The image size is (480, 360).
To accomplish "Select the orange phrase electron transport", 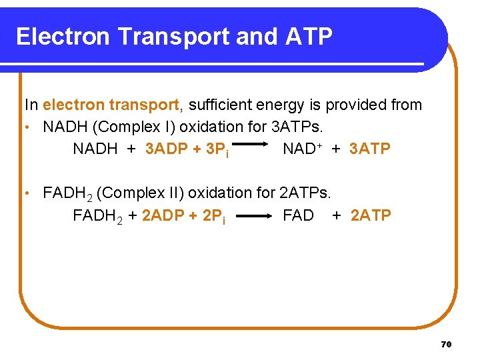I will click(x=111, y=105).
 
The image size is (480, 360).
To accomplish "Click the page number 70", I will click(x=446, y=344).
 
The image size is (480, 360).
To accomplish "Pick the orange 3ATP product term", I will click(x=369, y=149).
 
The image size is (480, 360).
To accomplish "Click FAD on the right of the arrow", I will click(x=298, y=215).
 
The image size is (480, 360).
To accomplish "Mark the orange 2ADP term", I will click(x=164, y=215).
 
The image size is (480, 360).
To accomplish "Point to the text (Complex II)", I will click(x=141, y=193).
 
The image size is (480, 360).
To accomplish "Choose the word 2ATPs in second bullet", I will click(x=305, y=193).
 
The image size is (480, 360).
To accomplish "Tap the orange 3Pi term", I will click(x=218, y=149).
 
